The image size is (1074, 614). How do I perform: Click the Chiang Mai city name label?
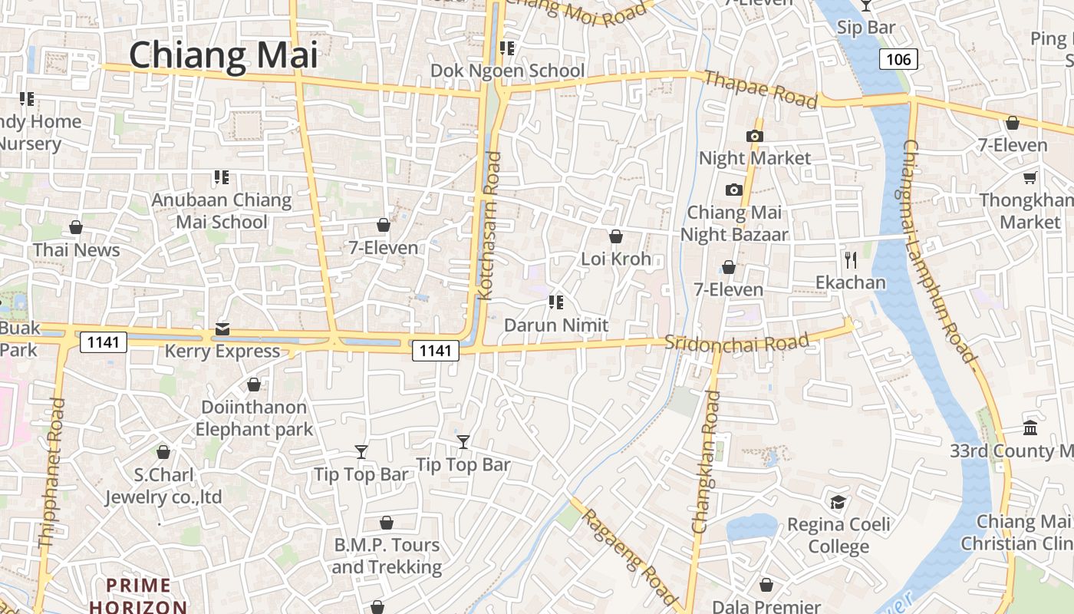(x=222, y=55)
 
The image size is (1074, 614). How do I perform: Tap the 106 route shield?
(x=898, y=59)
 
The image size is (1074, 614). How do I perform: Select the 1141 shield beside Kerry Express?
(x=104, y=342)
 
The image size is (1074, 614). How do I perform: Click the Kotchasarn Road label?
(x=489, y=225)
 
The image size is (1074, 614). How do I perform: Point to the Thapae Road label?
(x=759, y=89)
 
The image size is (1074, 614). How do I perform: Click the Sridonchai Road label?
(x=736, y=342)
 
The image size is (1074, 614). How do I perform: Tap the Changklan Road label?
(x=707, y=462)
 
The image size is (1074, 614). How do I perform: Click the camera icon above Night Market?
(x=754, y=137)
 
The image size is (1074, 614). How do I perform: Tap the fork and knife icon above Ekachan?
(x=850, y=260)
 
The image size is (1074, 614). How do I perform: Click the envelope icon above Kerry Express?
(x=222, y=329)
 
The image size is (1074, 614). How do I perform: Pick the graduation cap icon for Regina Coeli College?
(x=838, y=503)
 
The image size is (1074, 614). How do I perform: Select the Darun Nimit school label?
(x=556, y=325)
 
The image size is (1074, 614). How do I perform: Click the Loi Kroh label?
(x=616, y=259)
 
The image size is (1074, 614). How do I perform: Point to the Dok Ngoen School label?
(x=507, y=71)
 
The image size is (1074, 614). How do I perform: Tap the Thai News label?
(x=76, y=249)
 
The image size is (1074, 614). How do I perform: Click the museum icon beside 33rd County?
(x=1030, y=427)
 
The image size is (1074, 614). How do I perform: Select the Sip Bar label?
(x=866, y=28)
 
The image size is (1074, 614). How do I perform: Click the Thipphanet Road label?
(x=51, y=473)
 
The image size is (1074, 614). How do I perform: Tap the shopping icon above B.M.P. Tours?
(x=387, y=523)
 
